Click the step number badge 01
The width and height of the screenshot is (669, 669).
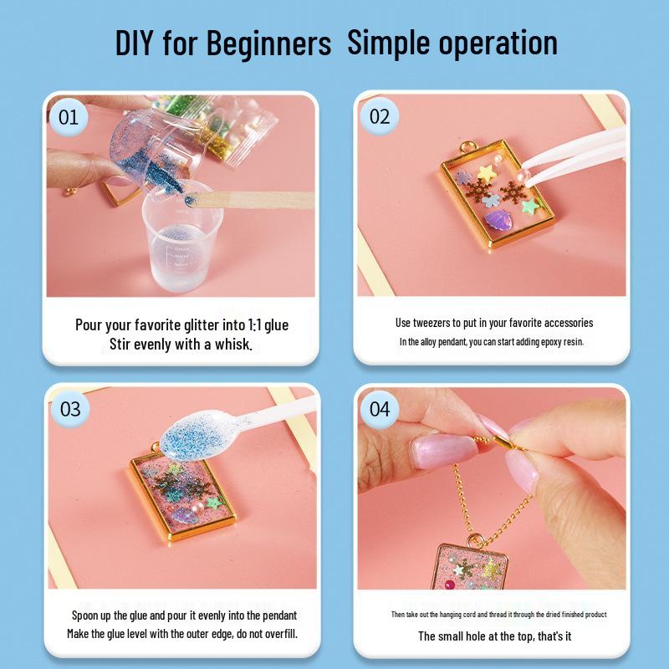coord(69,117)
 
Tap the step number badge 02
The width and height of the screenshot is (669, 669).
coord(380,116)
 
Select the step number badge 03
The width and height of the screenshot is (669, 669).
coord(70,409)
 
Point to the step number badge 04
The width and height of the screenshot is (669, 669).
coord(380,409)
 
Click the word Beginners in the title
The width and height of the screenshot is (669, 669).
coord(268,43)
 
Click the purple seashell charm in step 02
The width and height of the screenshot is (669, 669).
coord(498,220)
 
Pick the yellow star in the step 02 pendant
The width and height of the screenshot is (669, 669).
coord(487,173)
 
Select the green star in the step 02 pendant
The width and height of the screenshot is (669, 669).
coord(530,207)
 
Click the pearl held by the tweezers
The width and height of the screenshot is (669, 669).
coord(523,175)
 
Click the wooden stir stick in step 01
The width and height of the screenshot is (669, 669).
coord(251,200)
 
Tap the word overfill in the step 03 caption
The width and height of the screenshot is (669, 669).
coord(280,634)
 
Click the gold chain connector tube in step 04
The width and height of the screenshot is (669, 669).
coord(505,442)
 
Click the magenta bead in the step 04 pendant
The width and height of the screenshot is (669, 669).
coord(450,585)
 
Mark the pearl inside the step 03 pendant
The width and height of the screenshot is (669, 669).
coord(197,507)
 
